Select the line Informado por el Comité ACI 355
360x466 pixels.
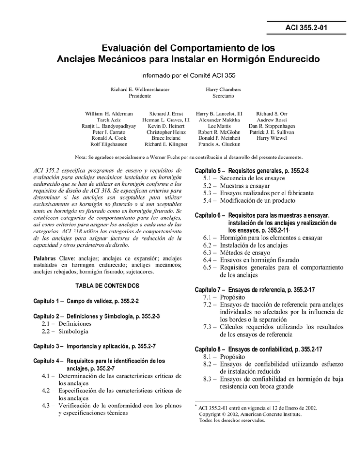(180, 74)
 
